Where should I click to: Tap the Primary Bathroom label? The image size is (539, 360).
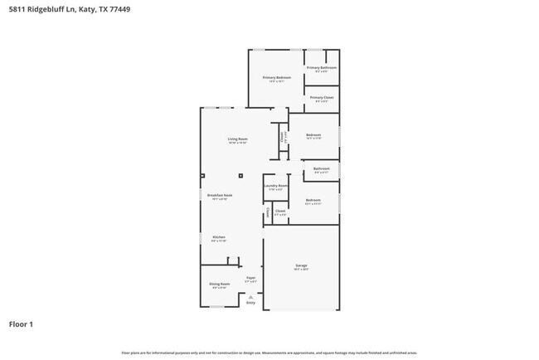tap(322, 68)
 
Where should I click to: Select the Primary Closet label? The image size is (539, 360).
tap(322, 98)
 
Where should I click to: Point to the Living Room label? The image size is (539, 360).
tap(238, 139)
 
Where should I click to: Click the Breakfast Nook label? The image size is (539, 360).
tap(220, 196)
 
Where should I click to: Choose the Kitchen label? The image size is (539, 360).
tap(219, 237)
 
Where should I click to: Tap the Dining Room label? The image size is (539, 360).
tap(219, 284)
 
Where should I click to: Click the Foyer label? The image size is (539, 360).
tap(250, 279)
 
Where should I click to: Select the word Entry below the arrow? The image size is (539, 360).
tap(250, 302)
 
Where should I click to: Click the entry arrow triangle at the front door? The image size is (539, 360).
tap(250, 296)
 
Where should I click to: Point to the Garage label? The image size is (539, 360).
tap(301, 265)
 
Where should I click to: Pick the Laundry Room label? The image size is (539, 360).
tap(276, 186)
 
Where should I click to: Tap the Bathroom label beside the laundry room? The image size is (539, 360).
tap(321, 168)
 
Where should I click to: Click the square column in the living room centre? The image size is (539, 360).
tap(240, 176)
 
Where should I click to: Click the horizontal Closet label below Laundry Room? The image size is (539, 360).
tap(280, 212)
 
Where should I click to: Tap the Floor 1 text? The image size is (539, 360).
tap(22, 324)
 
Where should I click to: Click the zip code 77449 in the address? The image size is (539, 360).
tap(118, 9)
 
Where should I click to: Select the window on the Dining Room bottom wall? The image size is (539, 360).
tap(216, 307)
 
